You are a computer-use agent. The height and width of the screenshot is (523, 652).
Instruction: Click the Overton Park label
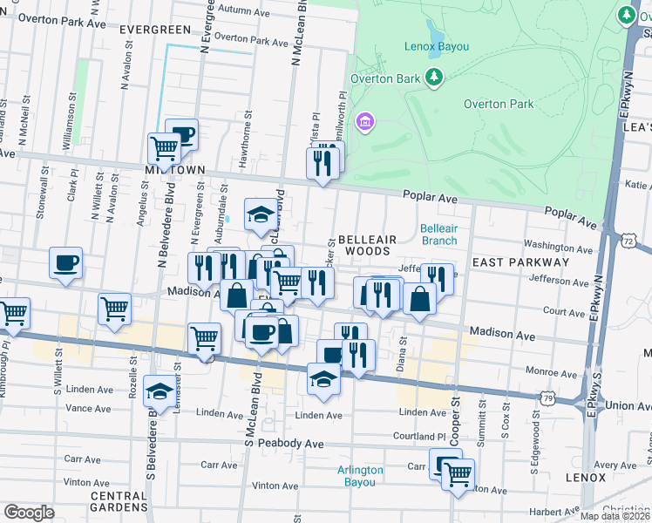click(498, 104)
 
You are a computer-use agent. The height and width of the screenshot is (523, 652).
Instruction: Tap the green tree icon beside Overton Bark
click(434, 79)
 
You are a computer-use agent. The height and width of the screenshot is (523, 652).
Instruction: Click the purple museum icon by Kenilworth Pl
click(365, 120)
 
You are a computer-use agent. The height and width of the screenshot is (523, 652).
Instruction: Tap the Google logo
click(29, 512)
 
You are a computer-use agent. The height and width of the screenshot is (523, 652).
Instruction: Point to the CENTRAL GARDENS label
click(119, 501)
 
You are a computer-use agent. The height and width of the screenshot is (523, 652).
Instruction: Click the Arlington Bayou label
click(360, 476)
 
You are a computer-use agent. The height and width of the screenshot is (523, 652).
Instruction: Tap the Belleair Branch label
click(438, 234)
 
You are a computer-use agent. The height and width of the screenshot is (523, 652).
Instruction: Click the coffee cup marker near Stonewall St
click(66, 263)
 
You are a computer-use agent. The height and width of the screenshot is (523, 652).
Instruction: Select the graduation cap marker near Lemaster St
click(160, 391)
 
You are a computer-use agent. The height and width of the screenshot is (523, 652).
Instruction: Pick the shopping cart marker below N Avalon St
click(116, 309)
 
